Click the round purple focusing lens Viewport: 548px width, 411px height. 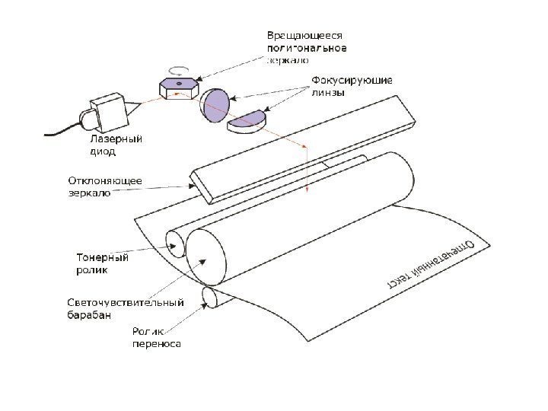tap(215, 105)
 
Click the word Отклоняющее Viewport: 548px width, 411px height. tap(100, 181)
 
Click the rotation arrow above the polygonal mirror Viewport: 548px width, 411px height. tap(177, 68)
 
